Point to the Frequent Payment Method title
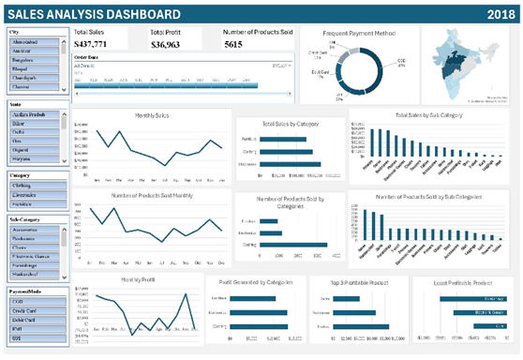358,33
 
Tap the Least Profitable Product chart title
463,281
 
